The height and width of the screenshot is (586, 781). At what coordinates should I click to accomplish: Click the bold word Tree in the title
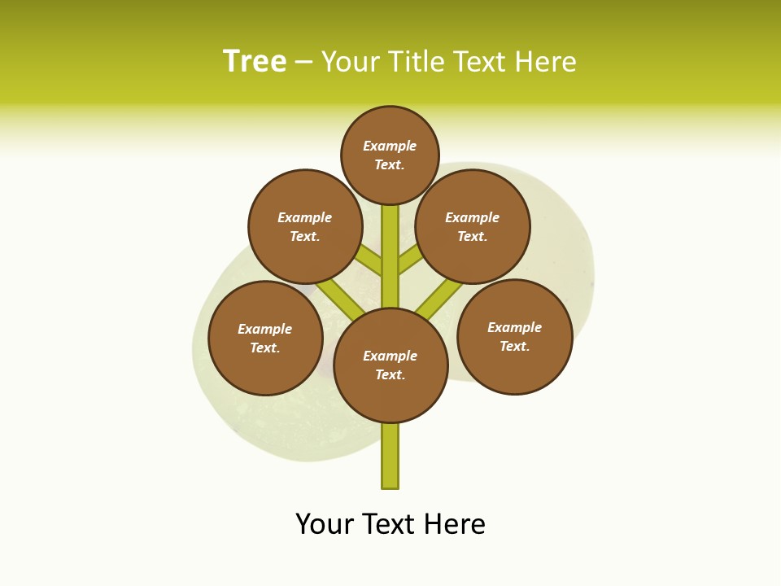pos(255,62)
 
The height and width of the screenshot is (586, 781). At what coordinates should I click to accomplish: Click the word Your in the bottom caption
pos(325,524)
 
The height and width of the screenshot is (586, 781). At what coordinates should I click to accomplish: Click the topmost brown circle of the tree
pos(390,155)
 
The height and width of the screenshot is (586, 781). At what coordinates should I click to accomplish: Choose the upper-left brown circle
pos(305,227)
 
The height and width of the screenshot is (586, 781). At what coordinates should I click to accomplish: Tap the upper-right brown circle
pos(473,227)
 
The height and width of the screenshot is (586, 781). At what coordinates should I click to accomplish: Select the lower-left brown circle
pos(265,339)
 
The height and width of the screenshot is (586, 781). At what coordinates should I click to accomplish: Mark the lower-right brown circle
pos(515,337)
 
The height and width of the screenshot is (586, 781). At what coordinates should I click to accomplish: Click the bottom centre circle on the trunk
pos(390,365)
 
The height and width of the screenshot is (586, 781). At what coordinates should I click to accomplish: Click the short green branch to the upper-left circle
pos(369,260)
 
